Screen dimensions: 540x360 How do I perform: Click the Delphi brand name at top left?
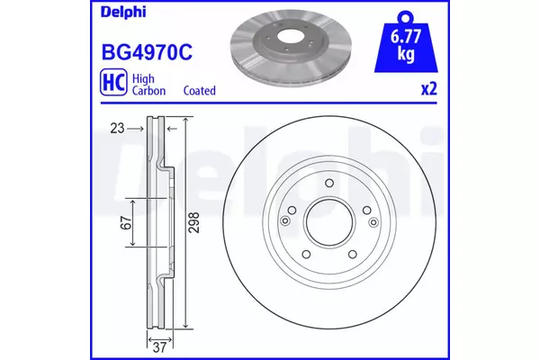[123, 13]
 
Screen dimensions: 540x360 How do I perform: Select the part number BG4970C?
[147, 53]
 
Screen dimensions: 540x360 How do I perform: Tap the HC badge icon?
[113, 82]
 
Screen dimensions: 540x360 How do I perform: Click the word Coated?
[200, 91]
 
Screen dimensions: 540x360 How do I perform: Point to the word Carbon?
[148, 91]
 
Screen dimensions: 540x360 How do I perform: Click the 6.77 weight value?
[406, 37]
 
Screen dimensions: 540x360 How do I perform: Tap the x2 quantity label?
[429, 89]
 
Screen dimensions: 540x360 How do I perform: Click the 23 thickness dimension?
[117, 129]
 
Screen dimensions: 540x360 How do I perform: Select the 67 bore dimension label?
[126, 223]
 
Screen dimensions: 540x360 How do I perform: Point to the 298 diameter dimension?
[194, 222]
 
